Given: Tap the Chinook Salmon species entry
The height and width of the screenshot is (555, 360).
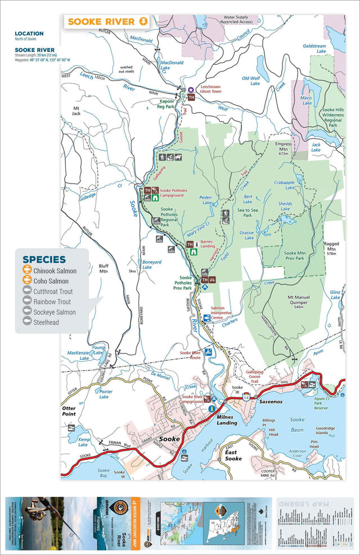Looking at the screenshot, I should pyautogui.click(x=55, y=271).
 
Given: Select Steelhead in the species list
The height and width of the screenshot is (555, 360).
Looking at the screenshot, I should pyautogui.click(x=47, y=321).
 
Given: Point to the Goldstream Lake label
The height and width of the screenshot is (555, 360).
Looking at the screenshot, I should pyautogui.click(x=314, y=48).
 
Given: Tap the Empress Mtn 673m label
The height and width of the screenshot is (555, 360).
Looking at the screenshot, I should pyautogui.click(x=283, y=147).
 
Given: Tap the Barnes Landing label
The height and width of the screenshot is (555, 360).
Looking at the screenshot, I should pyautogui.click(x=208, y=244).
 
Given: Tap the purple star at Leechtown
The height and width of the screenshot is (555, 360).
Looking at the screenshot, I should pyautogui.click(x=191, y=89).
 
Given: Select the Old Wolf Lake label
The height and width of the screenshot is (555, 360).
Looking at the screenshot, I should pyautogui.click(x=251, y=80).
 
